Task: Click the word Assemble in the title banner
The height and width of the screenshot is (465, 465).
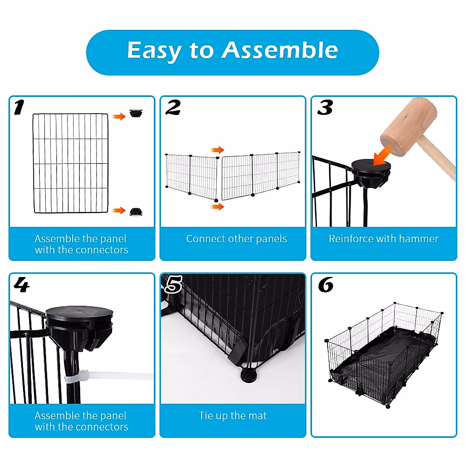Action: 279,50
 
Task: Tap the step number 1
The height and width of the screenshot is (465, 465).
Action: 19,108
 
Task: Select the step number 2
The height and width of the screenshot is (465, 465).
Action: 173,108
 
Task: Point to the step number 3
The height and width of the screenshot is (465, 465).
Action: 325,108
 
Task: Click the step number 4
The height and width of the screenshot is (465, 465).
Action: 21,285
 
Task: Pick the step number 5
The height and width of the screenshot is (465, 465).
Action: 173,285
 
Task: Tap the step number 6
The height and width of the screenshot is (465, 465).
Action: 325,285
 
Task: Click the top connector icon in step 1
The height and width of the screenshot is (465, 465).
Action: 136,113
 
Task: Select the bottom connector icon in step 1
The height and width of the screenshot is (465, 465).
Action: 136,212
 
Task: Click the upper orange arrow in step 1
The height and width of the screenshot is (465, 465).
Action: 119,116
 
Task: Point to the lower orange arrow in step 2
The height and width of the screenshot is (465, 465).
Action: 218,207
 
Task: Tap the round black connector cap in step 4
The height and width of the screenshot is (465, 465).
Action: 79,312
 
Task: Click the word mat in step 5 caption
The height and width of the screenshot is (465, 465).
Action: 257,416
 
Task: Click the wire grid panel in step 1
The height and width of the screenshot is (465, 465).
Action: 71,163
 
